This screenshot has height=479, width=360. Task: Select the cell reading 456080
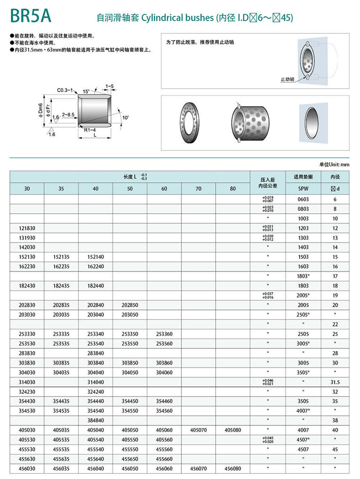[x=232, y=468]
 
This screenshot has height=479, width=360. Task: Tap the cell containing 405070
[x=198, y=430]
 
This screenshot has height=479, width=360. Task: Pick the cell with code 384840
[x=95, y=420]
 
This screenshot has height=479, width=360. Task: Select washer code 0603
[x=303, y=199]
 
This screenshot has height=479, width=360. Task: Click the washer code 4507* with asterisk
[x=303, y=440]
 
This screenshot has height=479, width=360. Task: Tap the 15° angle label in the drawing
[x=87, y=92]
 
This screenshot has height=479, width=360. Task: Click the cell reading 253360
[x=164, y=334]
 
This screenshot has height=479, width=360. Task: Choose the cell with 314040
[x=95, y=382]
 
